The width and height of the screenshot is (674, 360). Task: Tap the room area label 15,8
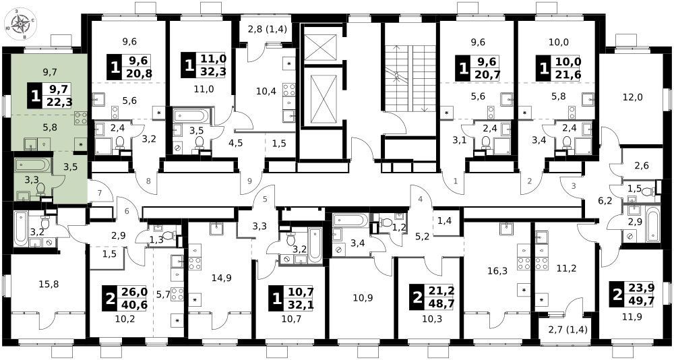point(36,284)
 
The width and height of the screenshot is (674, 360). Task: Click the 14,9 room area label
point(222,278)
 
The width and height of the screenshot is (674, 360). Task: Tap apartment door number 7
point(99,192)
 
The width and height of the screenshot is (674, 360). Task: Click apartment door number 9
point(249,181)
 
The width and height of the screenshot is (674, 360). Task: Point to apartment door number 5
point(265,199)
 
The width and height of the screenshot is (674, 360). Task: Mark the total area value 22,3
point(58,102)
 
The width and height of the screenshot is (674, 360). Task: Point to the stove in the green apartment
point(81,118)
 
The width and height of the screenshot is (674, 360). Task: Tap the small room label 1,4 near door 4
point(444,222)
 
